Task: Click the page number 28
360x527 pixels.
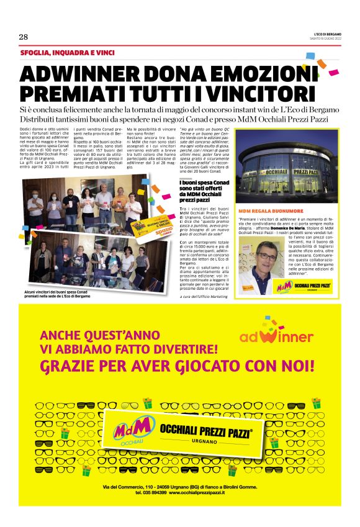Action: pos(24,37)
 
